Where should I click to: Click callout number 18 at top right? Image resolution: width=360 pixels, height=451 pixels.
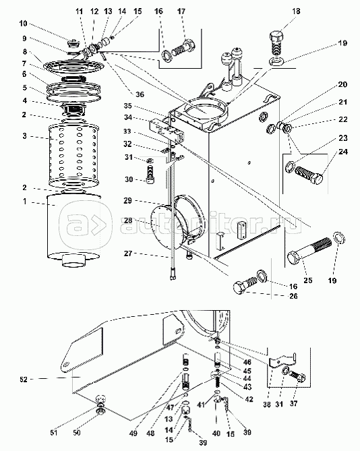click(296, 11)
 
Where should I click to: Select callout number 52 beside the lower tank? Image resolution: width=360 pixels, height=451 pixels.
click(24, 380)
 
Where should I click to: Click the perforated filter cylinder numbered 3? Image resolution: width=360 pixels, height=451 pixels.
click(73, 155)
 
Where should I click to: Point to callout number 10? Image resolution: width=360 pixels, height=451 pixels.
click(24, 24)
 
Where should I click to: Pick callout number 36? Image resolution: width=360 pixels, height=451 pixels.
click(140, 94)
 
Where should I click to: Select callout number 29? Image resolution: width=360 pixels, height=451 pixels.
click(127, 200)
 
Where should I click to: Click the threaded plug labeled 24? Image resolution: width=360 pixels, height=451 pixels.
click(309, 175)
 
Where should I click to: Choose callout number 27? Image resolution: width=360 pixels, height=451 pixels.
click(128, 253)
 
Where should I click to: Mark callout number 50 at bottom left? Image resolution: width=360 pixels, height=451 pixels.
click(77, 432)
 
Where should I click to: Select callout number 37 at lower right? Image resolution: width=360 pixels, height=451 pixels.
click(293, 404)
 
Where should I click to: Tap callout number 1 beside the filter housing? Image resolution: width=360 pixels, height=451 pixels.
click(25, 202)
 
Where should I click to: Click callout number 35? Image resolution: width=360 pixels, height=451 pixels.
click(127, 106)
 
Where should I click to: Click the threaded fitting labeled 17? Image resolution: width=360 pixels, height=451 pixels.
click(184, 47)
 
